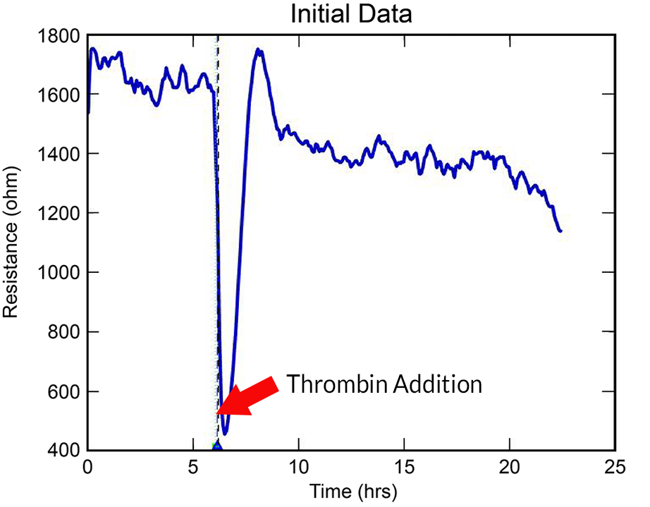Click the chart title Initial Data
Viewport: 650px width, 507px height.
[352, 14]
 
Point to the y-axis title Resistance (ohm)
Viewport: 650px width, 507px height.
[12, 243]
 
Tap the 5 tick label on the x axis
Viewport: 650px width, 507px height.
[193, 466]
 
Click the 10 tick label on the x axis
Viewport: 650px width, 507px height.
[299, 466]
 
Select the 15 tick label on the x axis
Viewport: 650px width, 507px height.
[405, 466]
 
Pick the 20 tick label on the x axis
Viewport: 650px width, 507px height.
[510, 466]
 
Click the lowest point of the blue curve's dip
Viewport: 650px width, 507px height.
[225, 434]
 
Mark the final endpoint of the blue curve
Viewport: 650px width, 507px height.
[560, 231]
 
